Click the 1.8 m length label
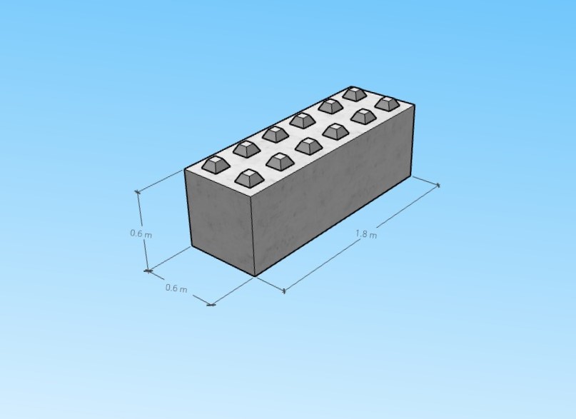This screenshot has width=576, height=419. (x=366, y=234)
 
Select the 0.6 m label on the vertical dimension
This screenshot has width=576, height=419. (x=141, y=233)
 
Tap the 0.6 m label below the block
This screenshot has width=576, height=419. (x=176, y=288)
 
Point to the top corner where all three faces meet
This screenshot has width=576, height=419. (x=252, y=196)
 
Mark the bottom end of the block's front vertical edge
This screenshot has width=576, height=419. (x=255, y=276)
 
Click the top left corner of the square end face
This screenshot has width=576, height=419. (x=184, y=169)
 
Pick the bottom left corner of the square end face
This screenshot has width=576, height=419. (x=191, y=247)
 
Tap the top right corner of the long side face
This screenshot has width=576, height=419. (x=415, y=105)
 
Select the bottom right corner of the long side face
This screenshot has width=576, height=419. (x=412, y=176)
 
